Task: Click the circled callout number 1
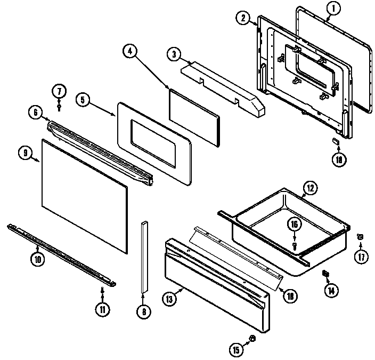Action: (x=333, y=8)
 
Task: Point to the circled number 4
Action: (x=130, y=51)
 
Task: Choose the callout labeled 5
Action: (x=83, y=99)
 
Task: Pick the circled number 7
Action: (x=60, y=90)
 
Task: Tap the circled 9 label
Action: (x=25, y=153)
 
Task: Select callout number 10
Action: (x=37, y=260)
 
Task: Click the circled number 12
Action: (x=309, y=187)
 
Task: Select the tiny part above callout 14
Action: (x=325, y=274)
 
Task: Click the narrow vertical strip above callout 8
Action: (x=143, y=256)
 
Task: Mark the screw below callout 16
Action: (x=294, y=244)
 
